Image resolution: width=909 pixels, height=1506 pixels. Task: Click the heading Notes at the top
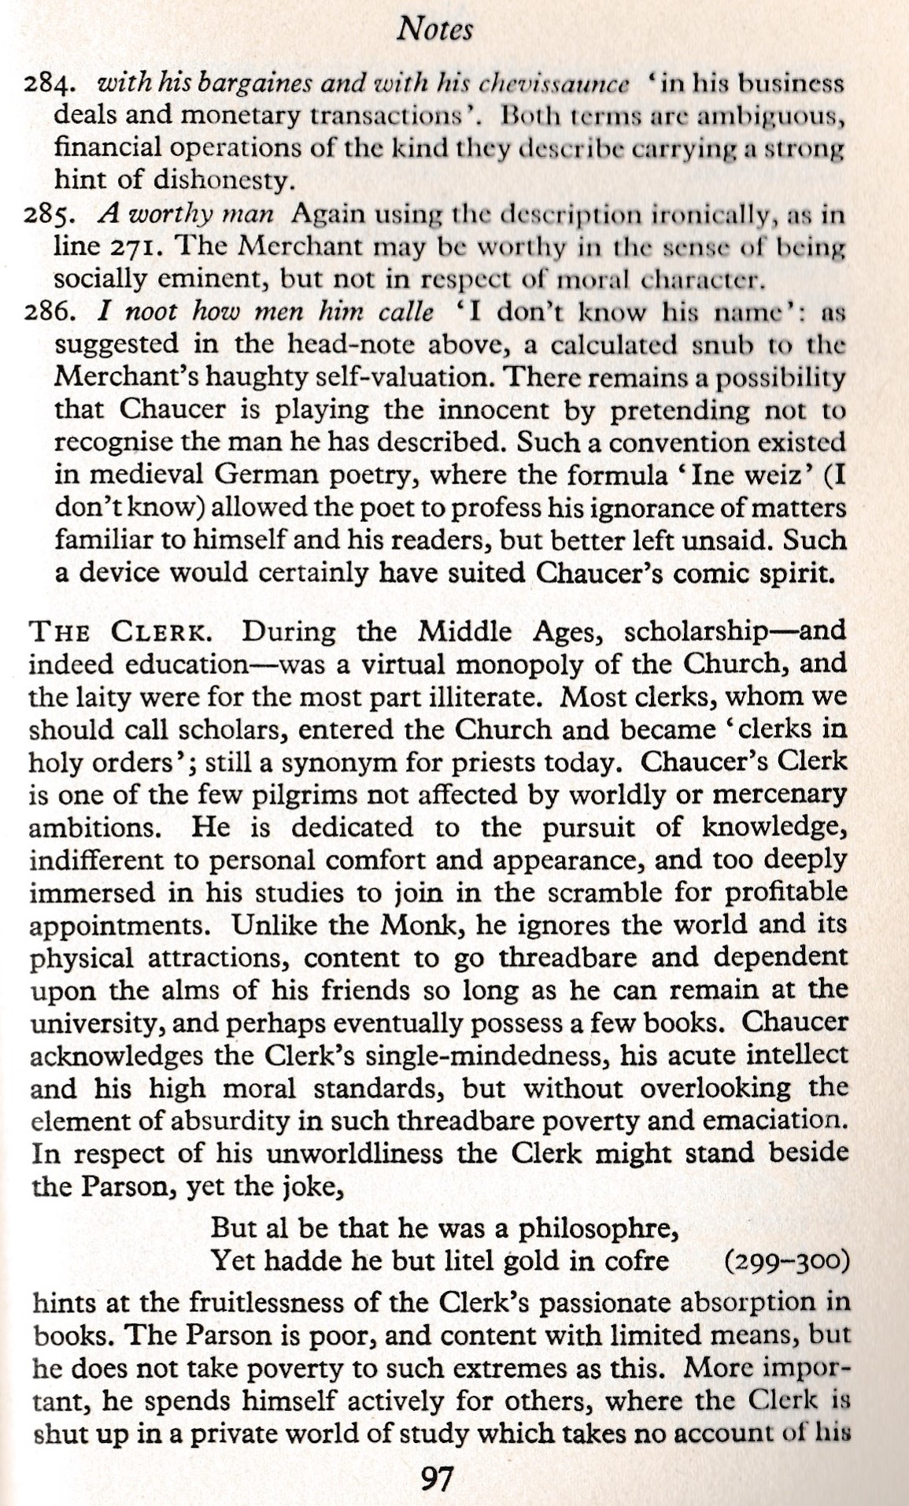[434, 29]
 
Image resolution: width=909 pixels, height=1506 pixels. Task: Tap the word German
[249, 475]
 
